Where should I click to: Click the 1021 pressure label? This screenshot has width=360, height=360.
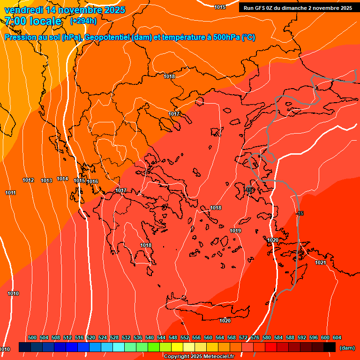click(x=321, y=262)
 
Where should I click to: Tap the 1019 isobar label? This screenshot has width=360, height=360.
click(x=235, y=231)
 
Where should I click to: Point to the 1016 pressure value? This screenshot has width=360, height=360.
click(x=92, y=181)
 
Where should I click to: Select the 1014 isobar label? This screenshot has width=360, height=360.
click(x=62, y=179)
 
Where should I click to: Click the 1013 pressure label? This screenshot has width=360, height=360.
click(x=46, y=180)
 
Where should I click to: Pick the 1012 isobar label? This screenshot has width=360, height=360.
click(x=28, y=180)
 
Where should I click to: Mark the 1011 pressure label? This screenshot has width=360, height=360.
click(x=11, y=193)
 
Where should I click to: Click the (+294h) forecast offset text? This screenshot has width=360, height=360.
click(x=83, y=21)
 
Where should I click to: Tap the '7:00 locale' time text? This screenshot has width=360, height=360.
click(x=33, y=21)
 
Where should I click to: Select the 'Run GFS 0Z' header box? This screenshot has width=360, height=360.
click(x=298, y=8)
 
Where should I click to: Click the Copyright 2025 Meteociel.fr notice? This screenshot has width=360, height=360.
click(x=199, y=357)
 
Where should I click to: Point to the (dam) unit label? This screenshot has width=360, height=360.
click(x=347, y=347)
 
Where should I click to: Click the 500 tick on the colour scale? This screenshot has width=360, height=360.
click(x=32, y=337)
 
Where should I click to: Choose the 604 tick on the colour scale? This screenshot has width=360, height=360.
click(x=337, y=337)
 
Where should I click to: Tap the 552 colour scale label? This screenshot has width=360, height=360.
click(x=185, y=337)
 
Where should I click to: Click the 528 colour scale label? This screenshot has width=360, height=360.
click(x=114, y=337)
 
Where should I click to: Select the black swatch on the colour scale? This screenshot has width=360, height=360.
click(x=330, y=347)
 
